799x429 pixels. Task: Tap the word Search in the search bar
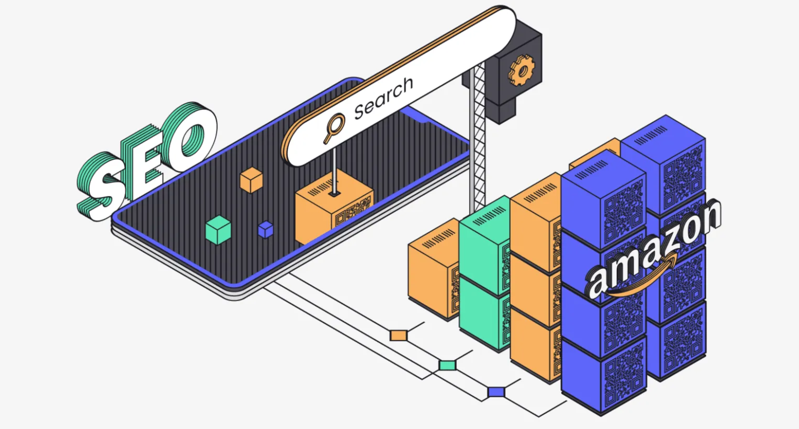(383, 98)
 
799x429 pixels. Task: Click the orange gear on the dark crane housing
(521, 70)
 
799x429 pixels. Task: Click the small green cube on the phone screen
(218, 230)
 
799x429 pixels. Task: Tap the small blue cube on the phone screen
(266, 229)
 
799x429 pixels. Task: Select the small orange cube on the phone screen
(251, 180)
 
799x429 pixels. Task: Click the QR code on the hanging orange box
(352, 211)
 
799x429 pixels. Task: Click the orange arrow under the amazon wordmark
(645, 279)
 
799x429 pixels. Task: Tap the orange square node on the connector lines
(398, 336)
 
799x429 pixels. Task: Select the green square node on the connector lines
(447, 365)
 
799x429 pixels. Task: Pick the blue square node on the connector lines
(496, 392)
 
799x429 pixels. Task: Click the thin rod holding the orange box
(334, 171)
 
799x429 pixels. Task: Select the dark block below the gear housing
(501, 111)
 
